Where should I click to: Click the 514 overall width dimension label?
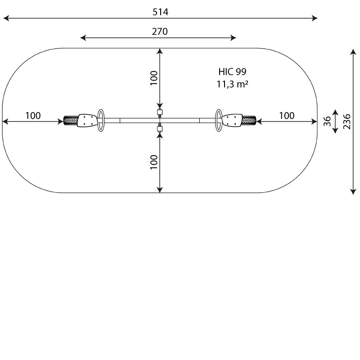coord(160,12)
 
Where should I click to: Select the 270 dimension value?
coord(160,31)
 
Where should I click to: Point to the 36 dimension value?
coord(328,121)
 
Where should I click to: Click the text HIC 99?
coord(232,72)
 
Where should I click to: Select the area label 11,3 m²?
coord(232,84)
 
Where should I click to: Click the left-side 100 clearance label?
coord(33,116)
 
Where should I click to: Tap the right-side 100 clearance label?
coord(287,116)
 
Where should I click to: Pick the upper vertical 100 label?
coord(154,78)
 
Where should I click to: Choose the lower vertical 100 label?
coord(154,162)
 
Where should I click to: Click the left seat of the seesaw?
coord(87,121)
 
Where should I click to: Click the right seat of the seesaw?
coord(232,121)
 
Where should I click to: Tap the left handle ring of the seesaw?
coord(102,121)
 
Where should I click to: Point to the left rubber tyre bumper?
coord(70,121)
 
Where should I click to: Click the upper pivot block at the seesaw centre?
coord(160,112)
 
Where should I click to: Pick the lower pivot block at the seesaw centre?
coord(160,130)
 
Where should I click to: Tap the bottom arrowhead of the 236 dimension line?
coord(353,192)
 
